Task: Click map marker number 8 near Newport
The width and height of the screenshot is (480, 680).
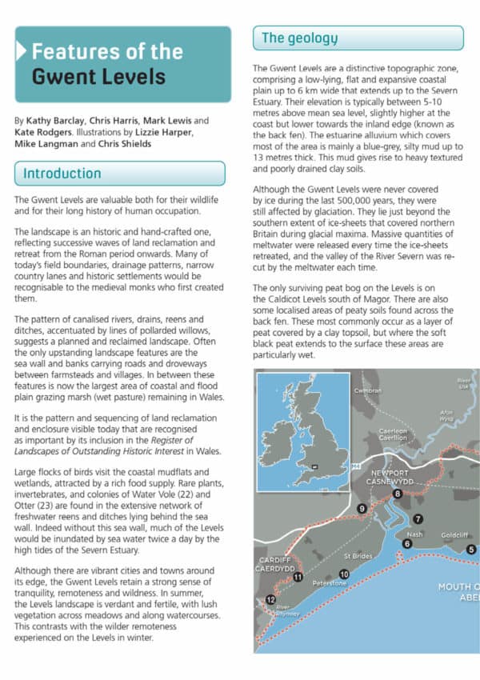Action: tap(398, 494)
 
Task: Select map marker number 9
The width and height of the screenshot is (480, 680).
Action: tap(362, 509)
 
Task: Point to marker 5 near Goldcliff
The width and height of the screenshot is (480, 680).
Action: tap(471, 549)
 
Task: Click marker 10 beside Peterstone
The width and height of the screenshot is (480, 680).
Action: tap(344, 574)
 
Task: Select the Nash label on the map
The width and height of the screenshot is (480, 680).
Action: tap(415, 534)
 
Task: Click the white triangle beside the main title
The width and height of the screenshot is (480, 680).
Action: tap(21, 52)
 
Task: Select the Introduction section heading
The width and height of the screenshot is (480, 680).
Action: tap(62, 174)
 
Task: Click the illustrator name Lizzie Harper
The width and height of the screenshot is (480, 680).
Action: tap(161, 133)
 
